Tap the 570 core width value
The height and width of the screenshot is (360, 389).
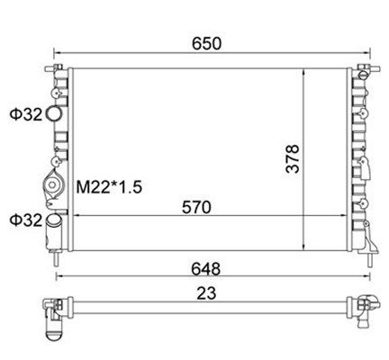pos(196,208)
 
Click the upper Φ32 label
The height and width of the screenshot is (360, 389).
pos(23,114)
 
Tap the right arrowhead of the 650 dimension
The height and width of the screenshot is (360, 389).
pos(364,54)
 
